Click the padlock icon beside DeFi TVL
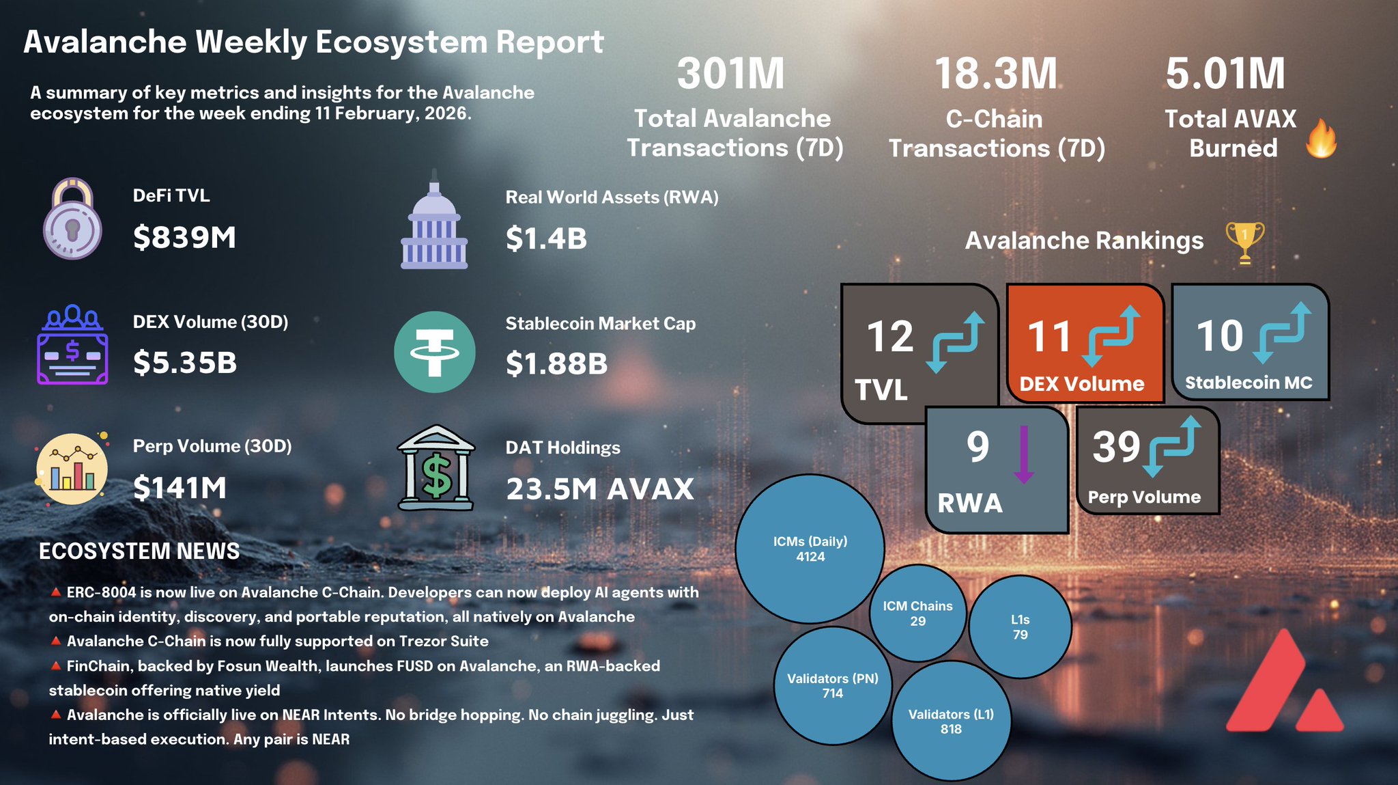pos(72,219)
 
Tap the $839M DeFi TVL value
pos(184,238)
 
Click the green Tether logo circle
pos(434,352)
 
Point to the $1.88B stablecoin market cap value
pos(556,363)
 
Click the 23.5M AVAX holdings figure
pos(599,489)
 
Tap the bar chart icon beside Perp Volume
pos(72,469)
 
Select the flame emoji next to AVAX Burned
pos(1322,138)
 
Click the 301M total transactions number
pos(731,74)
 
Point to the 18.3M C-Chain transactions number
pos(996,74)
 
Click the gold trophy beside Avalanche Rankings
pos(1244,242)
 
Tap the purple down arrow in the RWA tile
pos(1023,454)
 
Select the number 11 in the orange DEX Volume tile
pos(1050,337)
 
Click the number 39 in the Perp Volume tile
pos(1116,447)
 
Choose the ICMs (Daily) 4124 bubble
pos(810,549)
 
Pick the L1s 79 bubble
pos(1020,627)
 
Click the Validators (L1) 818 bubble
pos(951,721)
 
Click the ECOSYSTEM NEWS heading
pos(139,551)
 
